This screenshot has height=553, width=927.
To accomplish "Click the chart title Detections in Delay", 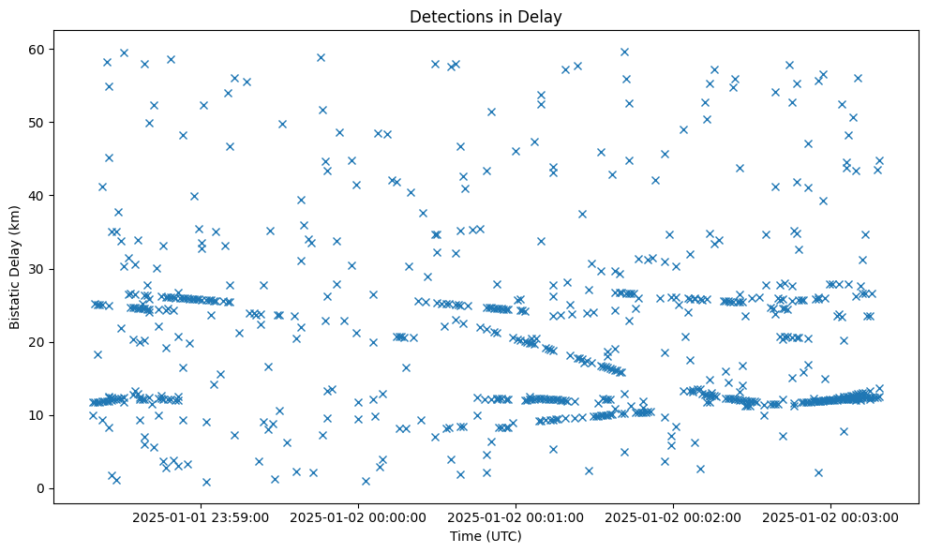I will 486,16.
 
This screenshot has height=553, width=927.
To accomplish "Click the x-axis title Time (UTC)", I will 486,537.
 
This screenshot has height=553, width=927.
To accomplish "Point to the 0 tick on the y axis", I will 41,488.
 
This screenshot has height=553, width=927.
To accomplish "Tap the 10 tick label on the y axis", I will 37,415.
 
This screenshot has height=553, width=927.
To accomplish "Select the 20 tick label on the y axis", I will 37,342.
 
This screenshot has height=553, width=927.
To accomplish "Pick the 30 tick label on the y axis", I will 37,269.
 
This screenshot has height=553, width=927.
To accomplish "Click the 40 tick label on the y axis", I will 37,196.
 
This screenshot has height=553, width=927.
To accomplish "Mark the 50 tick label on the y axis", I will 37,123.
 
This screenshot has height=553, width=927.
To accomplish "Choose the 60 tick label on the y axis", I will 37,49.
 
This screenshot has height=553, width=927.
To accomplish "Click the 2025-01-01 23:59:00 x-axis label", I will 201,516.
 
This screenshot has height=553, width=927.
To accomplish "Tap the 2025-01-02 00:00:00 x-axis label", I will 358,516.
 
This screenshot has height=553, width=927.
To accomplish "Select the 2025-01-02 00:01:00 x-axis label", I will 516,516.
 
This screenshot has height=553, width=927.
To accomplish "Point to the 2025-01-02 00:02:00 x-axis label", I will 673,516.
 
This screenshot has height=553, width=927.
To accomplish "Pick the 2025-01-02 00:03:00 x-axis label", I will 830,516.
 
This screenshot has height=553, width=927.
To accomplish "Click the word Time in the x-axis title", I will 465,537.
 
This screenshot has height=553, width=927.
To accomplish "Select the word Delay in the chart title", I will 543,16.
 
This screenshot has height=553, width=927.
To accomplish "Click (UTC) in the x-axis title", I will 502,537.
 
